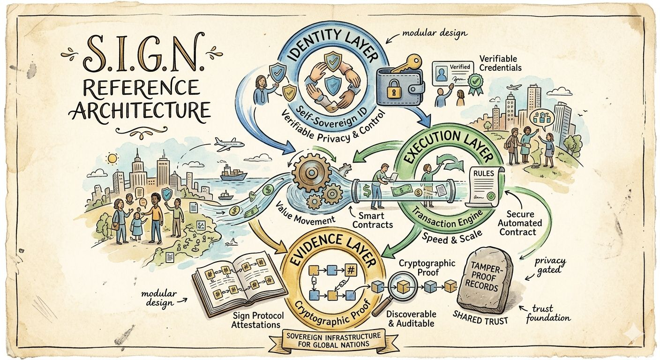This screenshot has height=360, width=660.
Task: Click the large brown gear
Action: [309, 173]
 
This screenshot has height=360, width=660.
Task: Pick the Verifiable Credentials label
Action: [498, 63]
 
